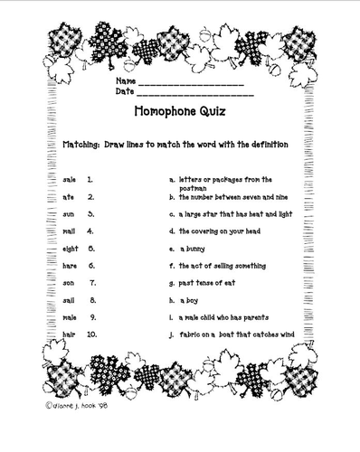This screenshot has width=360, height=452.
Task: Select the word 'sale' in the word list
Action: (70, 180)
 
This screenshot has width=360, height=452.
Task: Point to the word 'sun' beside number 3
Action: (70, 214)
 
